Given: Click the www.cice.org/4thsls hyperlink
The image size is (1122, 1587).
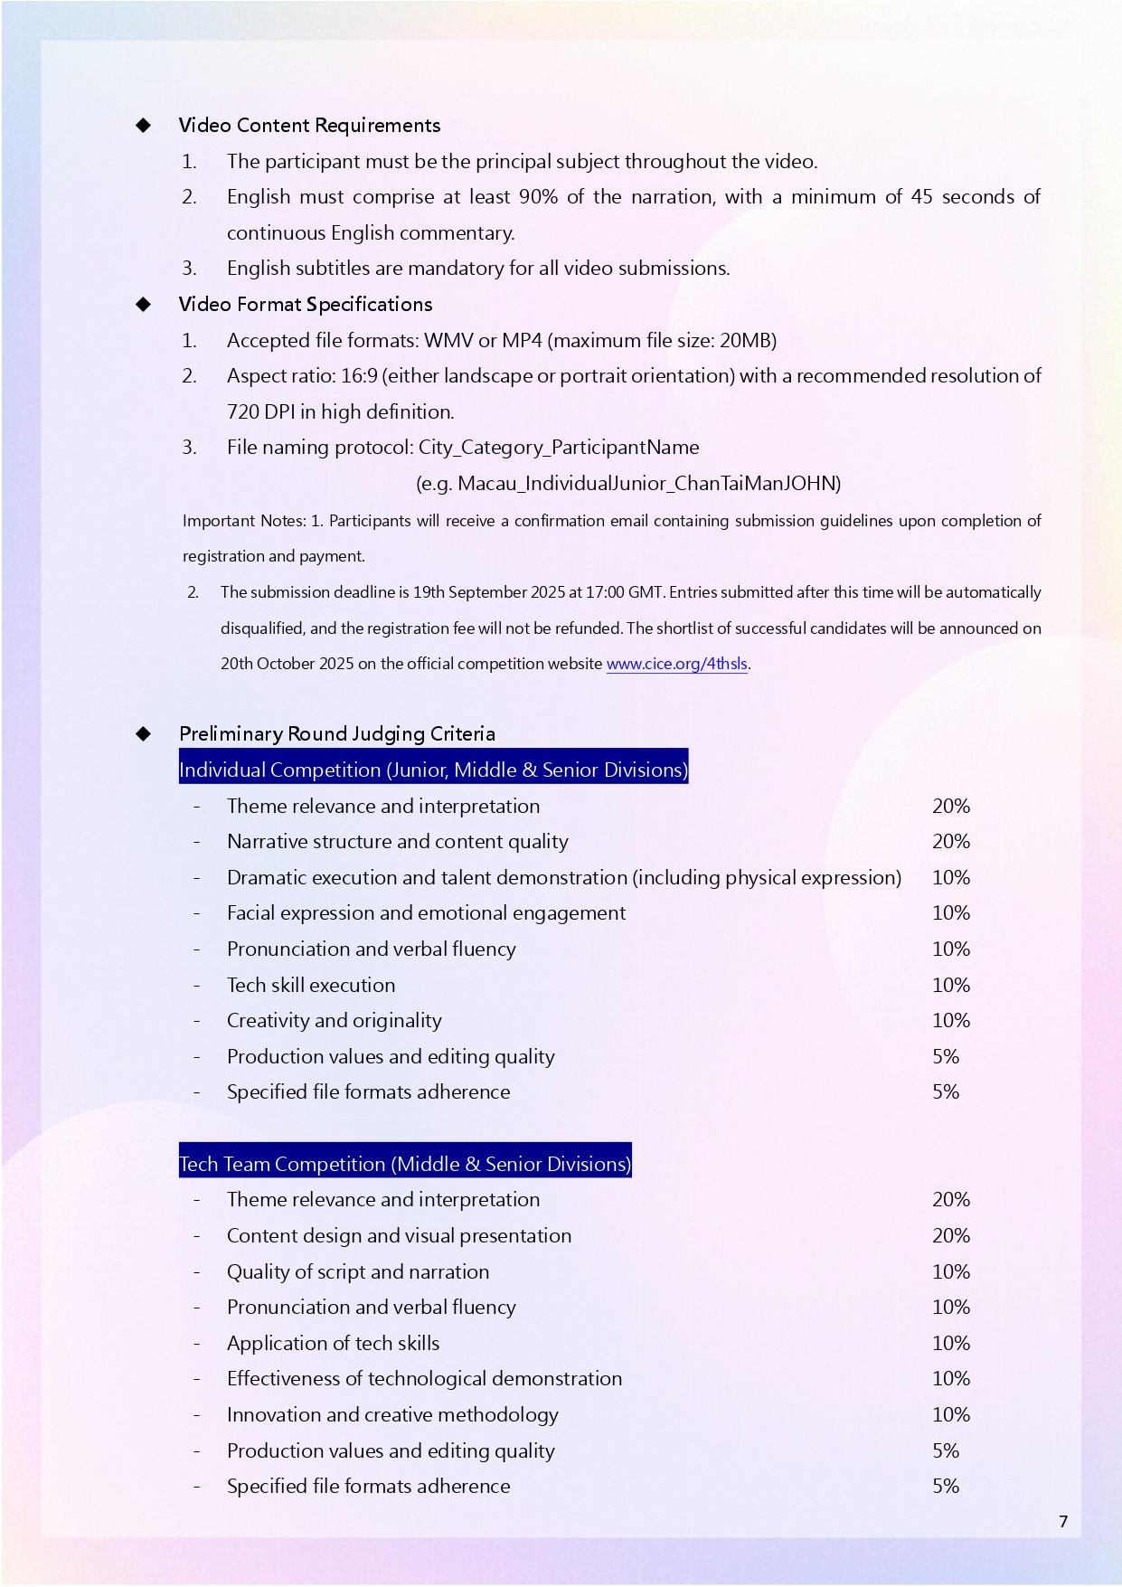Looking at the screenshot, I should pyautogui.click(x=676, y=664).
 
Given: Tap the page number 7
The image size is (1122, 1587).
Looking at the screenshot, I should pyautogui.click(x=1063, y=1522).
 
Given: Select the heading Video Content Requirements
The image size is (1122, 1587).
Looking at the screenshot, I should pyautogui.click(x=309, y=126).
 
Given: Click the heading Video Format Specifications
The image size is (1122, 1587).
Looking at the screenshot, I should pyautogui.click(x=306, y=305).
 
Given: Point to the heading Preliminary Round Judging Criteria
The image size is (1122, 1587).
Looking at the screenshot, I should pyautogui.click(x=336, y=733).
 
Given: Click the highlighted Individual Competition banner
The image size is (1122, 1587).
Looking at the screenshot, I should pyautogui.click(x=433, y=770).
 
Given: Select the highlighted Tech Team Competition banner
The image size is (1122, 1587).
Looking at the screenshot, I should pyautogui.click(x=405, y=1164).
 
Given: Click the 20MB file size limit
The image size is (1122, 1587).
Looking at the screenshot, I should pyautogui.click(x=745, y=341).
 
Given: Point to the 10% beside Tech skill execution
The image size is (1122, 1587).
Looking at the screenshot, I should pyautogui.click(x=950, y=986).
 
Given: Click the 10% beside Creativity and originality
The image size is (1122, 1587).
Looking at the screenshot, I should pyautogui.click(x=950, y=1021).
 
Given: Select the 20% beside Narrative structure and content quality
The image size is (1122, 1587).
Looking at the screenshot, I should pyautogui.click(x=950, y=842).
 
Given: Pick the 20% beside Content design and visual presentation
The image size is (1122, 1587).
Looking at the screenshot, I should pyautogui.click(x=950, y=1236).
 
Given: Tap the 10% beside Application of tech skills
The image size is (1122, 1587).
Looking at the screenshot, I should pyautogui.click(x=950, y=1344).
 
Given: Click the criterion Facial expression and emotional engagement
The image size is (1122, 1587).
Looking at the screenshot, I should pyautogui.click(x=426, y=913).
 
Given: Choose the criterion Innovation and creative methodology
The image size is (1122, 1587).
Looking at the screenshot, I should pyautogui.click(x=392, y=1415).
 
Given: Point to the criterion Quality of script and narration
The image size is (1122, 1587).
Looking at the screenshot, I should pyautogui.click(x=358, y=1272).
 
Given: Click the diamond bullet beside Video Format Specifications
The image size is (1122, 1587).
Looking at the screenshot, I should pyautogui.click(x=143, y=305).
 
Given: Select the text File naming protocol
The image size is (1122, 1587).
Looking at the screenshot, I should pyautogui.click(x=320, y=448).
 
